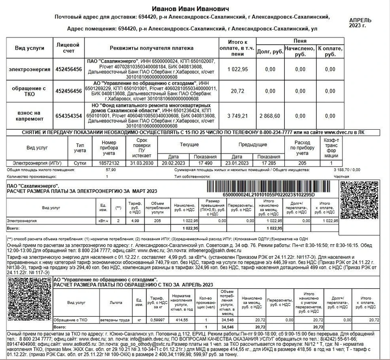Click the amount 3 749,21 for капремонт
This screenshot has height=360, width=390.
237,116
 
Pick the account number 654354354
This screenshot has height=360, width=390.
69,116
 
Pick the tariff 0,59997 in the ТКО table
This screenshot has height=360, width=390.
156,321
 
